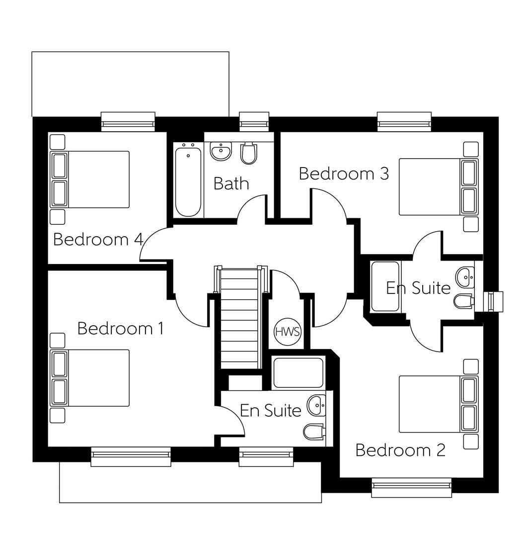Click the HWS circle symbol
pyautogui.click(x=288, y=332)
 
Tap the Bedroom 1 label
pyautogui.click(x=120, y=329)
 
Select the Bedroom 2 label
pyautogui.click(x=400, y=450)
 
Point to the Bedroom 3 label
pyautogui.click(x=344, y=174)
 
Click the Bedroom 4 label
pyautogui.click(x=98, y=239)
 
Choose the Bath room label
pyautogui.click(x=231, y=183)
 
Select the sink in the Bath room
pyautogui.click(x=221, y=151)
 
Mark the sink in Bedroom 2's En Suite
pyautogui.click(x=465, y=276)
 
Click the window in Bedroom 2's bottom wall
pyautogui.click(x=411, y=487)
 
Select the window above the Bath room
pyautogui.click(x=254, y=121)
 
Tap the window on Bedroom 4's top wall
pyautogui.click(x=128, y=121)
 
